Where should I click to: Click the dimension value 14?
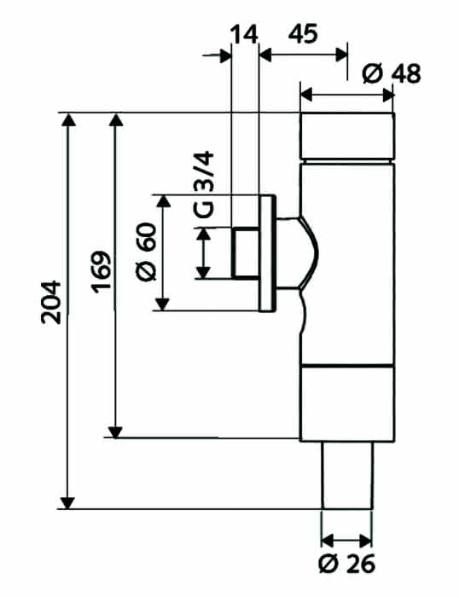pyautogui.click(x=245, y=35)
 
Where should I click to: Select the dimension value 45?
pyautogui.click(x=303, y=33)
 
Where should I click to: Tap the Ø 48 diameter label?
pyautogui.click(x=392, y=73)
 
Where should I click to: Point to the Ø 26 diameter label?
pyautogui.click(x=347, y=564)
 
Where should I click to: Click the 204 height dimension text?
pyautogui.click(x=51, y=303)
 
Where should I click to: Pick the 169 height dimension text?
pyautogui.click(x=102, y=272)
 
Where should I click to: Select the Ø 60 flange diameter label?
pyautogui.click(x=146, y=252)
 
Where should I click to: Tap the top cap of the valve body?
pyautogui.click(x=347, y=136)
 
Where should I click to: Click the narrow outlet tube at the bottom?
pyautogui.click(x=347, y=475)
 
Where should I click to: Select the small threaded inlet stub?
pyautogui.click(x=246, y=253)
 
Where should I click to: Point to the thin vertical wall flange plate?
pyautogui.click(x=267, y=253)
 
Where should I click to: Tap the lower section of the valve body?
pyautogui.click(x=347, y=403)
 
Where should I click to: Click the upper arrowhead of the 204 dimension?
pyautogui.click(x=68, y=119)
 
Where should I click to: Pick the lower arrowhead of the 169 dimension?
pyautogui.click(x=115, y=432)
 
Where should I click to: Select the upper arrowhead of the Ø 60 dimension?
pyautogui.click(x=164, y=201)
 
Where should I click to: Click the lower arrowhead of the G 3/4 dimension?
pyautogui.click(x=203, y=273)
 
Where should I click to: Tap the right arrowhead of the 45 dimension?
pyautogui.click(x=341, y=55)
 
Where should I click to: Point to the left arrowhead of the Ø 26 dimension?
pyautogui.click(x=328, y=541)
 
